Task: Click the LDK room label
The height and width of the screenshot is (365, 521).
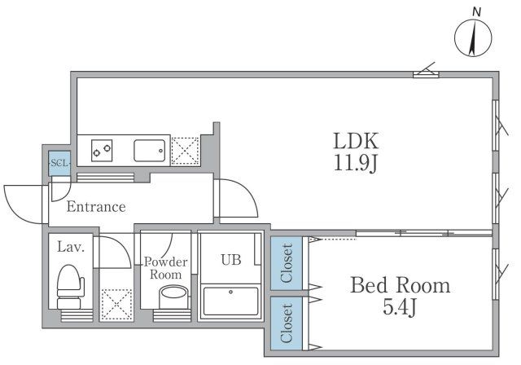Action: (356, 141)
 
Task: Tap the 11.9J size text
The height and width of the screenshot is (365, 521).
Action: (356, 164)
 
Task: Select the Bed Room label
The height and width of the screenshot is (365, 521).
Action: (401, 285)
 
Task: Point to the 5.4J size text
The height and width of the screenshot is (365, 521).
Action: (400, 307)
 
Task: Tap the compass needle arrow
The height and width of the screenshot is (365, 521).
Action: (473, 37)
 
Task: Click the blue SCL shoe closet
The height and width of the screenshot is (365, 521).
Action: (59, 163)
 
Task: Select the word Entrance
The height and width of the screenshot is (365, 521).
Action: (96, 207)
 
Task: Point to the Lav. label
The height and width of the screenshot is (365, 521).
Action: (71, 247)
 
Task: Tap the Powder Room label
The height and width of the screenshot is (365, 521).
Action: (166, 268)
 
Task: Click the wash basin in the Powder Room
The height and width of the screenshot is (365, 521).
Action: (173, 297)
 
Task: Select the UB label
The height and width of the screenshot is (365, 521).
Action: (231, 260)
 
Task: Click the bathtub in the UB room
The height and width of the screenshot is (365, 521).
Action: (231, 301)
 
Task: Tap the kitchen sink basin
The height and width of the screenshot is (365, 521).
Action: (150, 151)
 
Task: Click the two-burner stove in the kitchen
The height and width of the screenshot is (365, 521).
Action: (102, 150)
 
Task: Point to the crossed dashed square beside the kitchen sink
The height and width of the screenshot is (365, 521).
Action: (185, 152)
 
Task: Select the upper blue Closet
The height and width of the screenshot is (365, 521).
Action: (287, 263)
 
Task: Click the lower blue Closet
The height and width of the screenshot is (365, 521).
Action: (287, 323)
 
